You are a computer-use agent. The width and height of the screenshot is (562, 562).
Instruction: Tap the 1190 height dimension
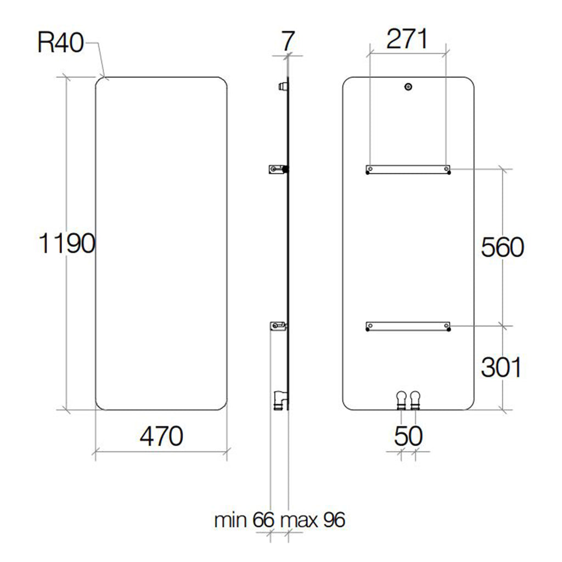click(67, 243)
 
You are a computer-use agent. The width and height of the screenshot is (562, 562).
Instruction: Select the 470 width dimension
click(161, 436)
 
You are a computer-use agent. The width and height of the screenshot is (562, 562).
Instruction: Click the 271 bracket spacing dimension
click(407, 40)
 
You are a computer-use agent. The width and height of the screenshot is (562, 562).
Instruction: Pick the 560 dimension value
click(502, 248)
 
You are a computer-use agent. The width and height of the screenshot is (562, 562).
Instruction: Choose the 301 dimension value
click(501, 367)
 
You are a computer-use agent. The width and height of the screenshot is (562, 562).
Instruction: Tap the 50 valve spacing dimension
click(408, 436)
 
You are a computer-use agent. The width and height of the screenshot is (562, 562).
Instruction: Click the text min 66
click(244, 520)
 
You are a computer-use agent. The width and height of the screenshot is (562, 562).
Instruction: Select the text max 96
click(313, 520)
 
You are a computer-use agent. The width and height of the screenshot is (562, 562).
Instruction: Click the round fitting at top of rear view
click(408, 87)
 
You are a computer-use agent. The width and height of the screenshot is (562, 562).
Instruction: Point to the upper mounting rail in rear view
click(408, 170)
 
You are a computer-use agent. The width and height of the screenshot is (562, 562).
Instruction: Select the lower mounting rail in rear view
click(408, 327)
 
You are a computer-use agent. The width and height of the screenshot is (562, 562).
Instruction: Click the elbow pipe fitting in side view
click(279, 400)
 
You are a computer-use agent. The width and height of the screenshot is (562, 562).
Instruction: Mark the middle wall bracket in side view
click(278, 169)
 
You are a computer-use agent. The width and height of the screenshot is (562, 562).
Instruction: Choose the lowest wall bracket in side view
click(278, 327)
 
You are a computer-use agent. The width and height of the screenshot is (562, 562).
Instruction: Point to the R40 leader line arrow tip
click(104, 76)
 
